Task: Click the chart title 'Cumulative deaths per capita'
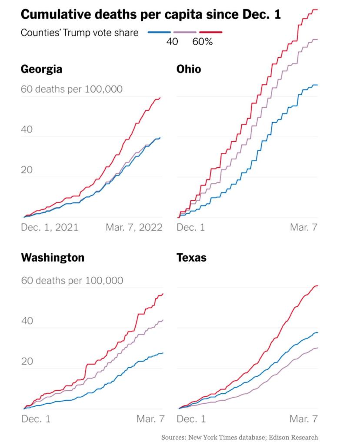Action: [x=150, y=14]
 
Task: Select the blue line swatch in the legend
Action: [x=159, y=32]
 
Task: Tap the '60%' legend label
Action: [x=203, y=42]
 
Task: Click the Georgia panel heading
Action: [x=41, y=69]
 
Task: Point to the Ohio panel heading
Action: [x=189, y=69]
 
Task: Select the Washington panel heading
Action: [x=53, y=257]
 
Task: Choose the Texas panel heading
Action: [x=191, y=257]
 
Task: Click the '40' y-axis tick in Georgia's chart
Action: [x=27, y=130]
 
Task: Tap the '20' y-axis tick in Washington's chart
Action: [x=27, y=362]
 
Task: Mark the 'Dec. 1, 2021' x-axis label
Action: [x=50, y=227]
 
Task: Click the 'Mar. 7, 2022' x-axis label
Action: [x=134, y=227]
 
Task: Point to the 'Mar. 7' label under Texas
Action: [x=303, y=419]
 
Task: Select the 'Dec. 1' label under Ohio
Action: [x=190, y=227]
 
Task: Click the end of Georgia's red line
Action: [x=160, y=97]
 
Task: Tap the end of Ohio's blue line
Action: [x=317, y=85]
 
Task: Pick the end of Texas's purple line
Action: [x=317, y=348]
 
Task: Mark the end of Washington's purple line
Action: [x=163, y=320]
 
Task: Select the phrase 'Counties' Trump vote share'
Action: [x=80, y=33]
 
